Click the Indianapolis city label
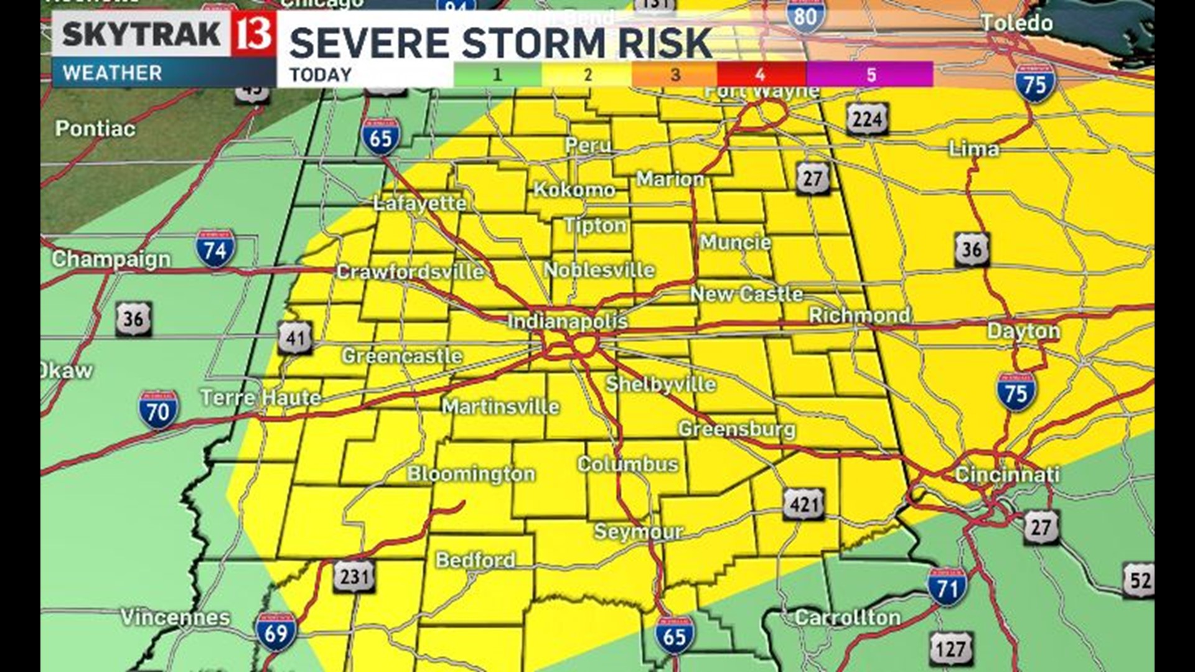(567, 321)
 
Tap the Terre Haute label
(261, 397)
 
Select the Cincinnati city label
(1006, 475)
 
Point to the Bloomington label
(471, 474)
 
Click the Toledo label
(1017, 24)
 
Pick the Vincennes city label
(175, 617)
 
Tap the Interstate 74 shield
(215, 248)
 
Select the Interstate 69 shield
(276, 632)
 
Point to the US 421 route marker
(804, 504)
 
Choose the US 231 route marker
(355, 576)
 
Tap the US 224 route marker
(867, 118)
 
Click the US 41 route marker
(294, 338)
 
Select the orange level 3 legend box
(674, 75)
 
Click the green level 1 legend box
(497, 75)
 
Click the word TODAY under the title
(321, 75)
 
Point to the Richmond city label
(859, 315)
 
